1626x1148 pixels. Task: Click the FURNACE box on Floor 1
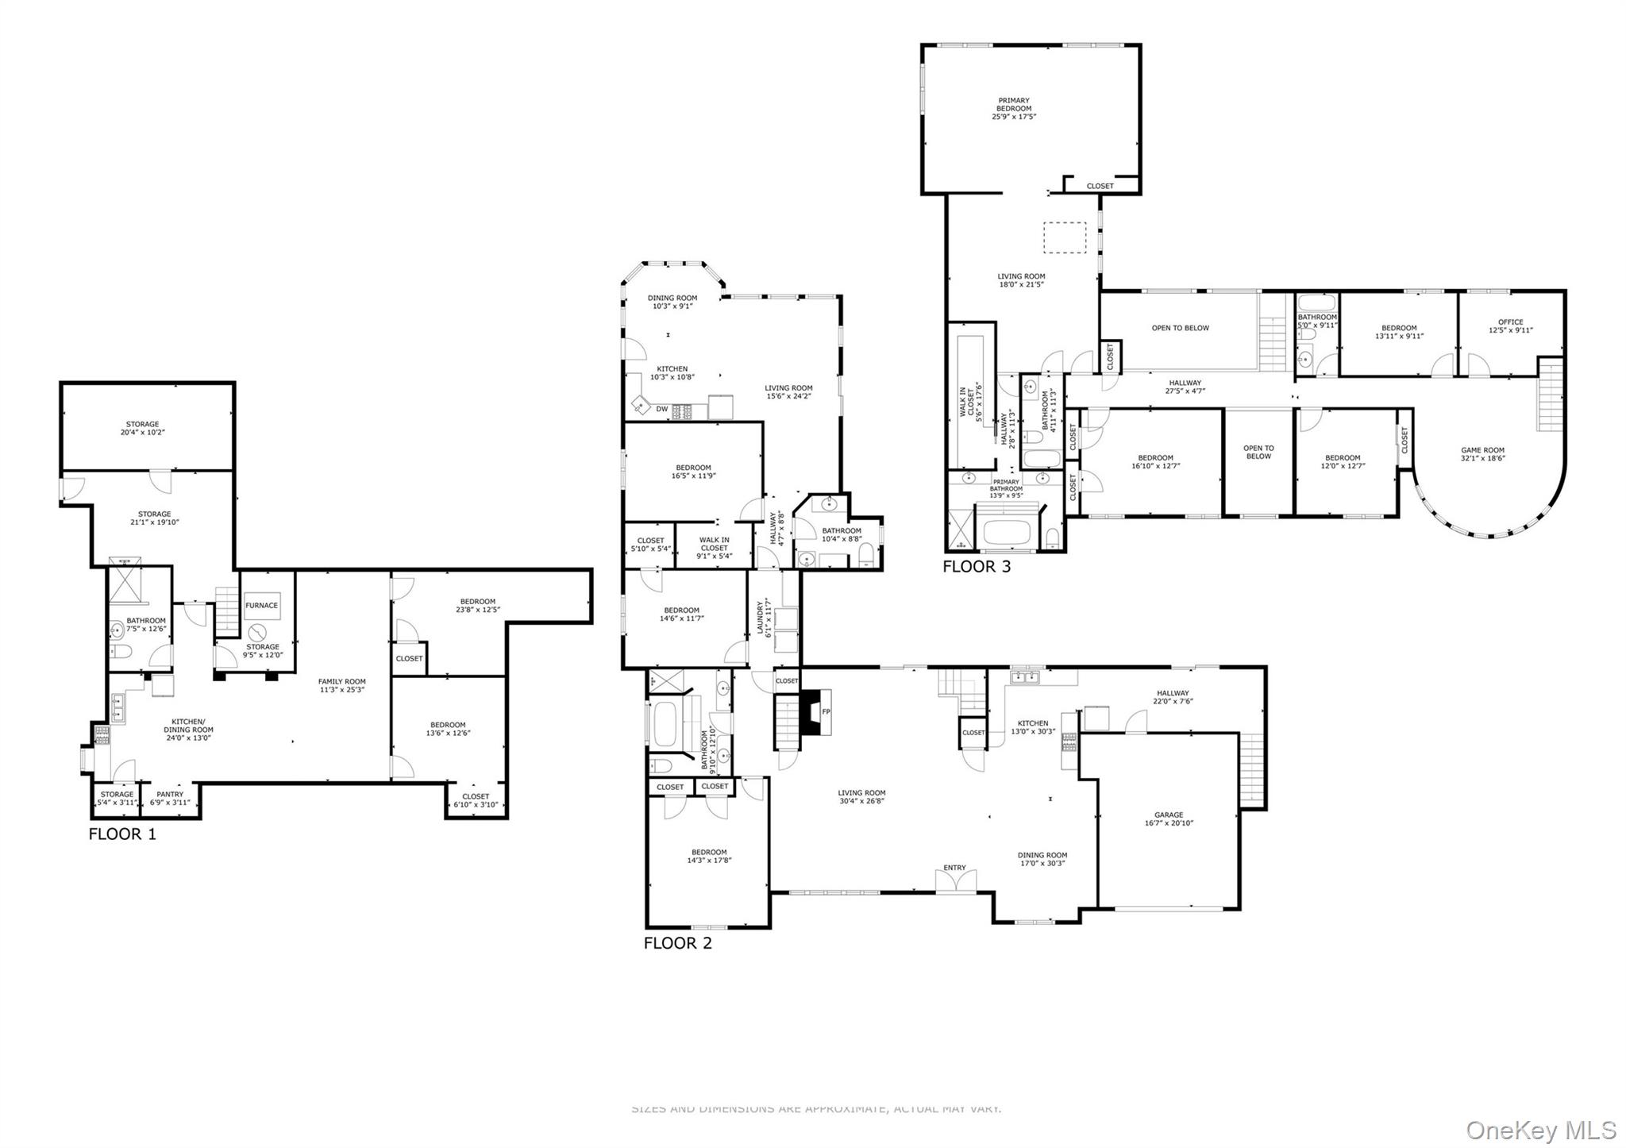click(261, 606)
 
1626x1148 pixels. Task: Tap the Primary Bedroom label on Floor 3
click(1014, 109)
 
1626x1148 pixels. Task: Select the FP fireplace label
click(826, 712)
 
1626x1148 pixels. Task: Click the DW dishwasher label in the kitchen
click(661, 410)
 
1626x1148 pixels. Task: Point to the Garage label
click(1169, 819)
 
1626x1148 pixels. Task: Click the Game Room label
click(1482, 454)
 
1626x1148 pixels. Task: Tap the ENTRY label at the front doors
click(954, 868)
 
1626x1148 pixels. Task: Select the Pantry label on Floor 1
click(170, 798)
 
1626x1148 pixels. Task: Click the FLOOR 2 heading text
click(677, 943)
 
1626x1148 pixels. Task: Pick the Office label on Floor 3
click(1510, 326)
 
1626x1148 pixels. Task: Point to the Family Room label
click(342, 685)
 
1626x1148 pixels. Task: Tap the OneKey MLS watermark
click(1540, 1130)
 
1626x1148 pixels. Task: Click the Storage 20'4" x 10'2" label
click(142, 429)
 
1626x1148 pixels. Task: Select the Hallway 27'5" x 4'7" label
click(1185, 387)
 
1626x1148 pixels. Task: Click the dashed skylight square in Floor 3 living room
click(1064, 238)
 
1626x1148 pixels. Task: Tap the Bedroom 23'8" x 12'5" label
click(477, 606)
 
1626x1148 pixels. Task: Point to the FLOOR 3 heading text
click(977, 567)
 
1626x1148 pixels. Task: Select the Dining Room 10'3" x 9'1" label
click(672, 302)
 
